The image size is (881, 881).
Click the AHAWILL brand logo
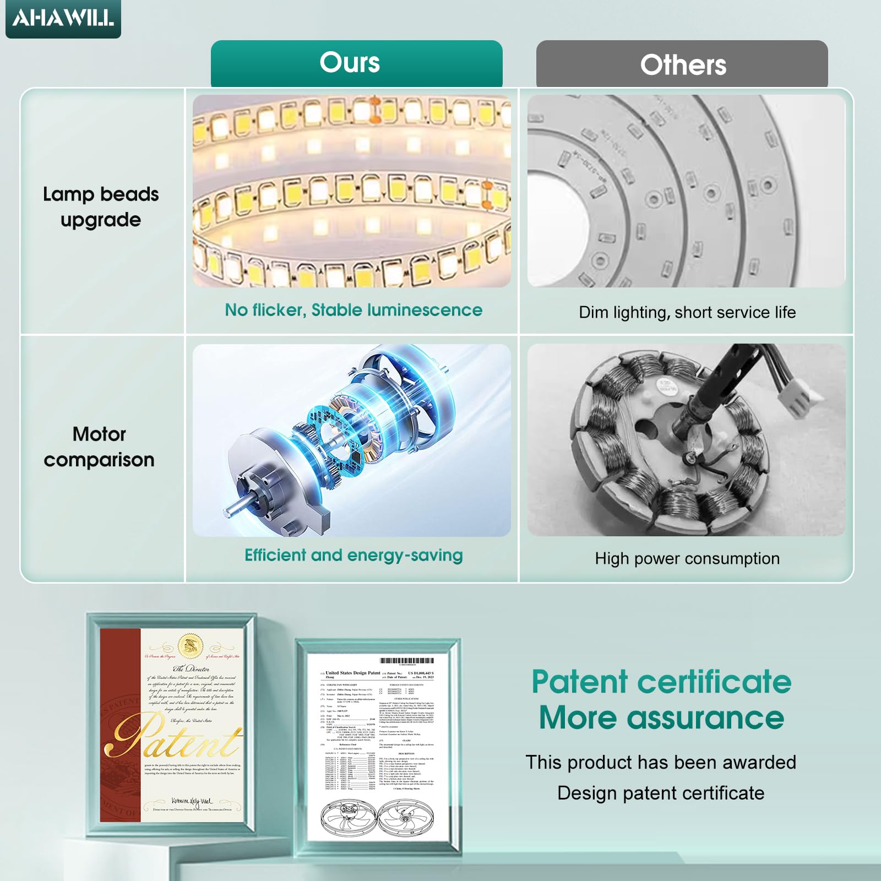63,18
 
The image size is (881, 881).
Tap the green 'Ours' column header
350,63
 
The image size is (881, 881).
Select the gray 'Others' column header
683,65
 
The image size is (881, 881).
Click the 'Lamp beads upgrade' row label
101,206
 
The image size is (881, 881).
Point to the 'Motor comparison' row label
99,447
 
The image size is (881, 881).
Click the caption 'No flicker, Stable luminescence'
354,310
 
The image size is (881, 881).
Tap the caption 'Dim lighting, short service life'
687,312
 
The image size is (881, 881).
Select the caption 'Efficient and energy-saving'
354,555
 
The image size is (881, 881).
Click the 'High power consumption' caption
687,558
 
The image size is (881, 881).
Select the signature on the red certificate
191,801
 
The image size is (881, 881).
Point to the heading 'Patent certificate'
661,682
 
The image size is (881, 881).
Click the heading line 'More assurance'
661,718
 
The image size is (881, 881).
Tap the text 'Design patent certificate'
661,793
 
